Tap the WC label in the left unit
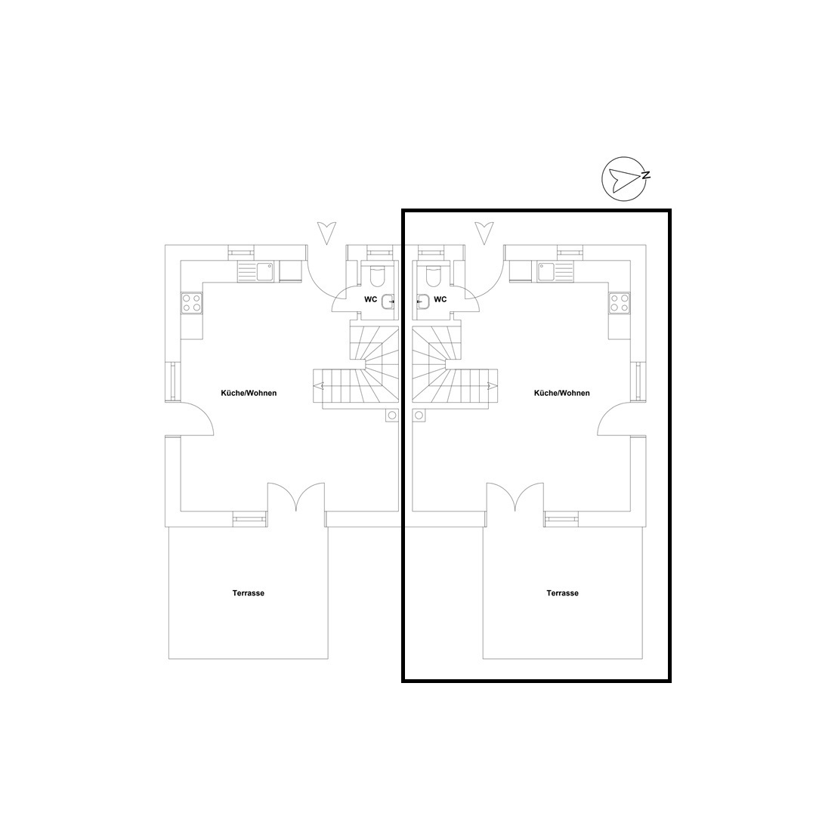pos(370,299)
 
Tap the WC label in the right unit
pos(440,299)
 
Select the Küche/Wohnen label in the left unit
pos(249,393)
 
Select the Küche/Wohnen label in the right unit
pos(562,393)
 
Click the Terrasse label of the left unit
pos(249,593)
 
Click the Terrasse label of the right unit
pos(563,593)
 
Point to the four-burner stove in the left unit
pos(191,303)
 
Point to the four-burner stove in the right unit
pos(620,303)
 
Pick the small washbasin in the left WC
pos(388,301)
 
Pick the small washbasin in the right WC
pos(423,301)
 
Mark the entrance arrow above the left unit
pos(327,233)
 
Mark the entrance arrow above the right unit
pos(484,233)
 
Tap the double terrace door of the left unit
pos(296,496)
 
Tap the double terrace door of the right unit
pos(515,496)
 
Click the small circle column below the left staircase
pos(391,416)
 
